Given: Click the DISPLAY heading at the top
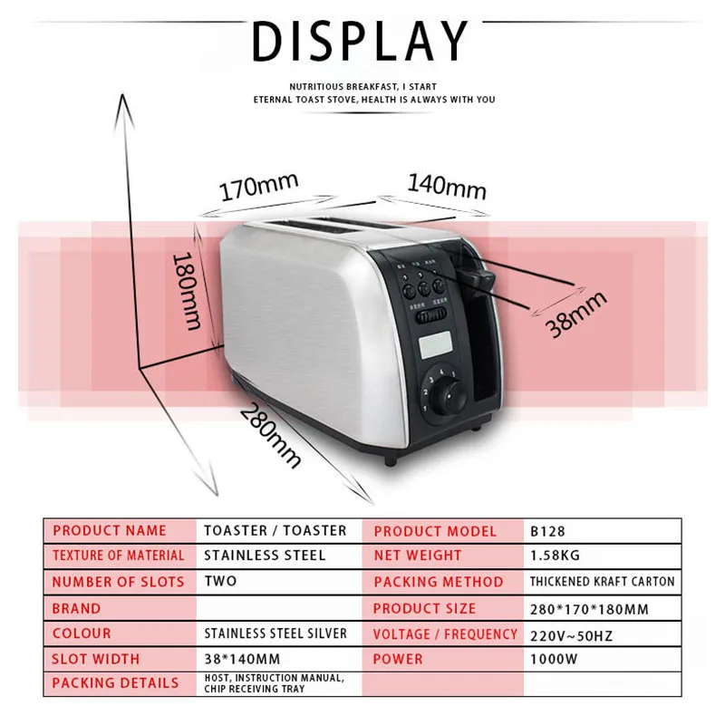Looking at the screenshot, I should (362, 43).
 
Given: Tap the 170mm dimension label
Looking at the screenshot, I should (258, 188).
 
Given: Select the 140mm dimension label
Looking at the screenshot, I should (446, 186).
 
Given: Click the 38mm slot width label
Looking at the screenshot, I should (575, 314).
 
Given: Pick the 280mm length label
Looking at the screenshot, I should (270, 435).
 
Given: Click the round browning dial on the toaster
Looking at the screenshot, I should (446, 399).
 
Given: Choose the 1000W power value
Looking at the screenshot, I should (553, 659).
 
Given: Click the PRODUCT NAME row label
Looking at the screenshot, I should (110, 531).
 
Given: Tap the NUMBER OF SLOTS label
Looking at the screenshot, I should (118, 582).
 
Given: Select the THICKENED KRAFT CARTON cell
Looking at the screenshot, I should (602, 582).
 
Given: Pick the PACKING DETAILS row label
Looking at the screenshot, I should (115, 682).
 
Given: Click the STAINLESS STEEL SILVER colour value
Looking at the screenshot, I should (275, 633).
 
